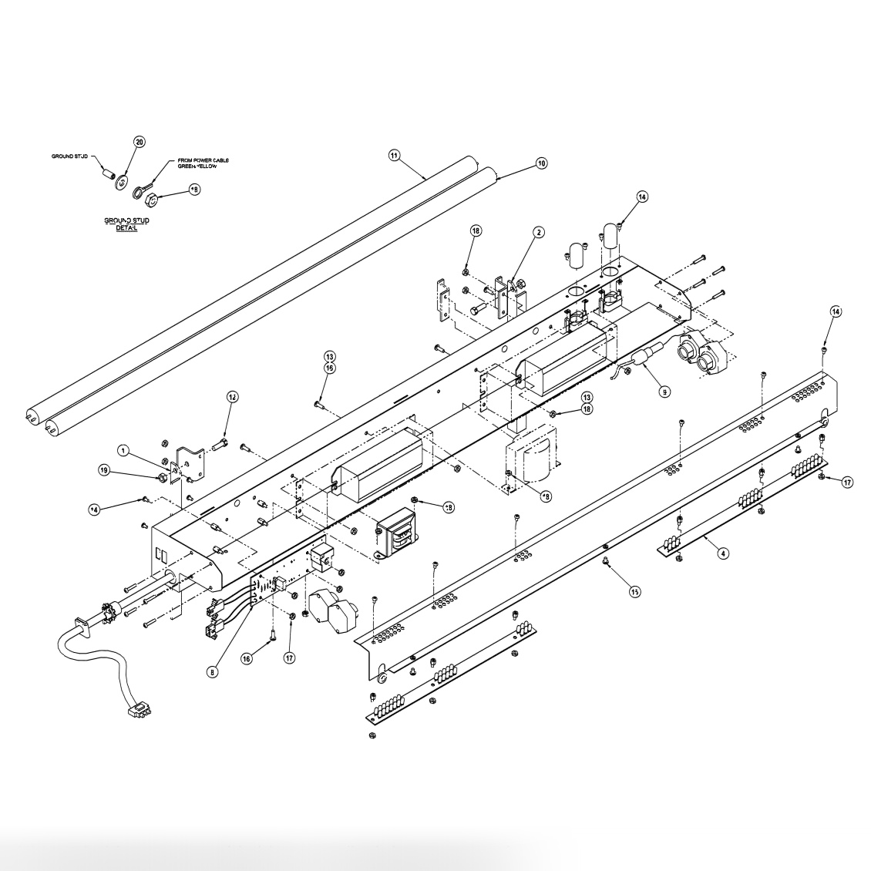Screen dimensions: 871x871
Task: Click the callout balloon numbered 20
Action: pos(140,142)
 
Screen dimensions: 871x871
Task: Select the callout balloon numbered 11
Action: pos(395,155)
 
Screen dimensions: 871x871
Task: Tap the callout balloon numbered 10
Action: pos(541,163)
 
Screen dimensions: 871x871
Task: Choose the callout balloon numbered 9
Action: pos(664,392)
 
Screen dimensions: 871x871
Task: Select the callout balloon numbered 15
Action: pos(635,592)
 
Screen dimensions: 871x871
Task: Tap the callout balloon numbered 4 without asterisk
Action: pos(722,553)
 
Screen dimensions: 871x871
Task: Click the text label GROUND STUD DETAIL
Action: pos(126,224)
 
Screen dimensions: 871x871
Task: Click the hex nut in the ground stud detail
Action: pos(153,200)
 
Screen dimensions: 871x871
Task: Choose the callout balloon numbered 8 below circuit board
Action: pos(214,671)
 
